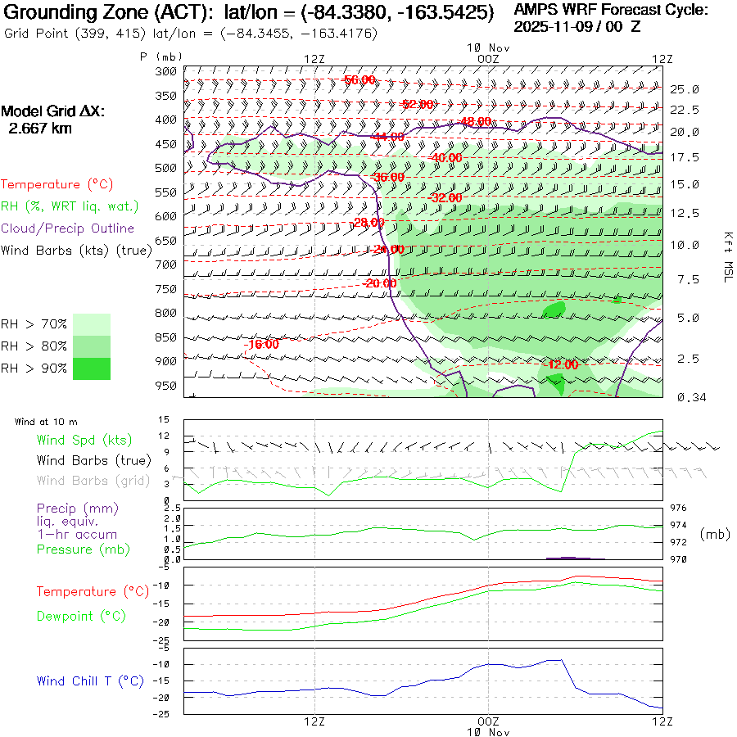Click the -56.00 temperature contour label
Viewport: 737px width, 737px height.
[x=359, y=79]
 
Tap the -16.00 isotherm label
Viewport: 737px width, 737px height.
[x=261, y=344]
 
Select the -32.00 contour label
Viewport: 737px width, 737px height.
[x=445, y=198]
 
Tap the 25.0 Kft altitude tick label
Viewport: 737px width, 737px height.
[x=684, y=88]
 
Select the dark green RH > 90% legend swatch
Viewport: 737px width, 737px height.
[x=92, y=368]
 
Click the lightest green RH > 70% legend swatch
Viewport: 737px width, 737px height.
[x=92, y=323]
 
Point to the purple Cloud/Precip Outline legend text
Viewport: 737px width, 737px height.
[x=67, y=228]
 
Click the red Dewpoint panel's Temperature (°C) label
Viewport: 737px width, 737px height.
[x=88, y=591]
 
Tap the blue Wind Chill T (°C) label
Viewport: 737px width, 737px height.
[x=90, y=681]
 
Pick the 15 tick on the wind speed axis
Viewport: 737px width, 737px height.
[x=164, y=419]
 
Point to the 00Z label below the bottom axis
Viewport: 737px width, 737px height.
[x=488, y=721]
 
